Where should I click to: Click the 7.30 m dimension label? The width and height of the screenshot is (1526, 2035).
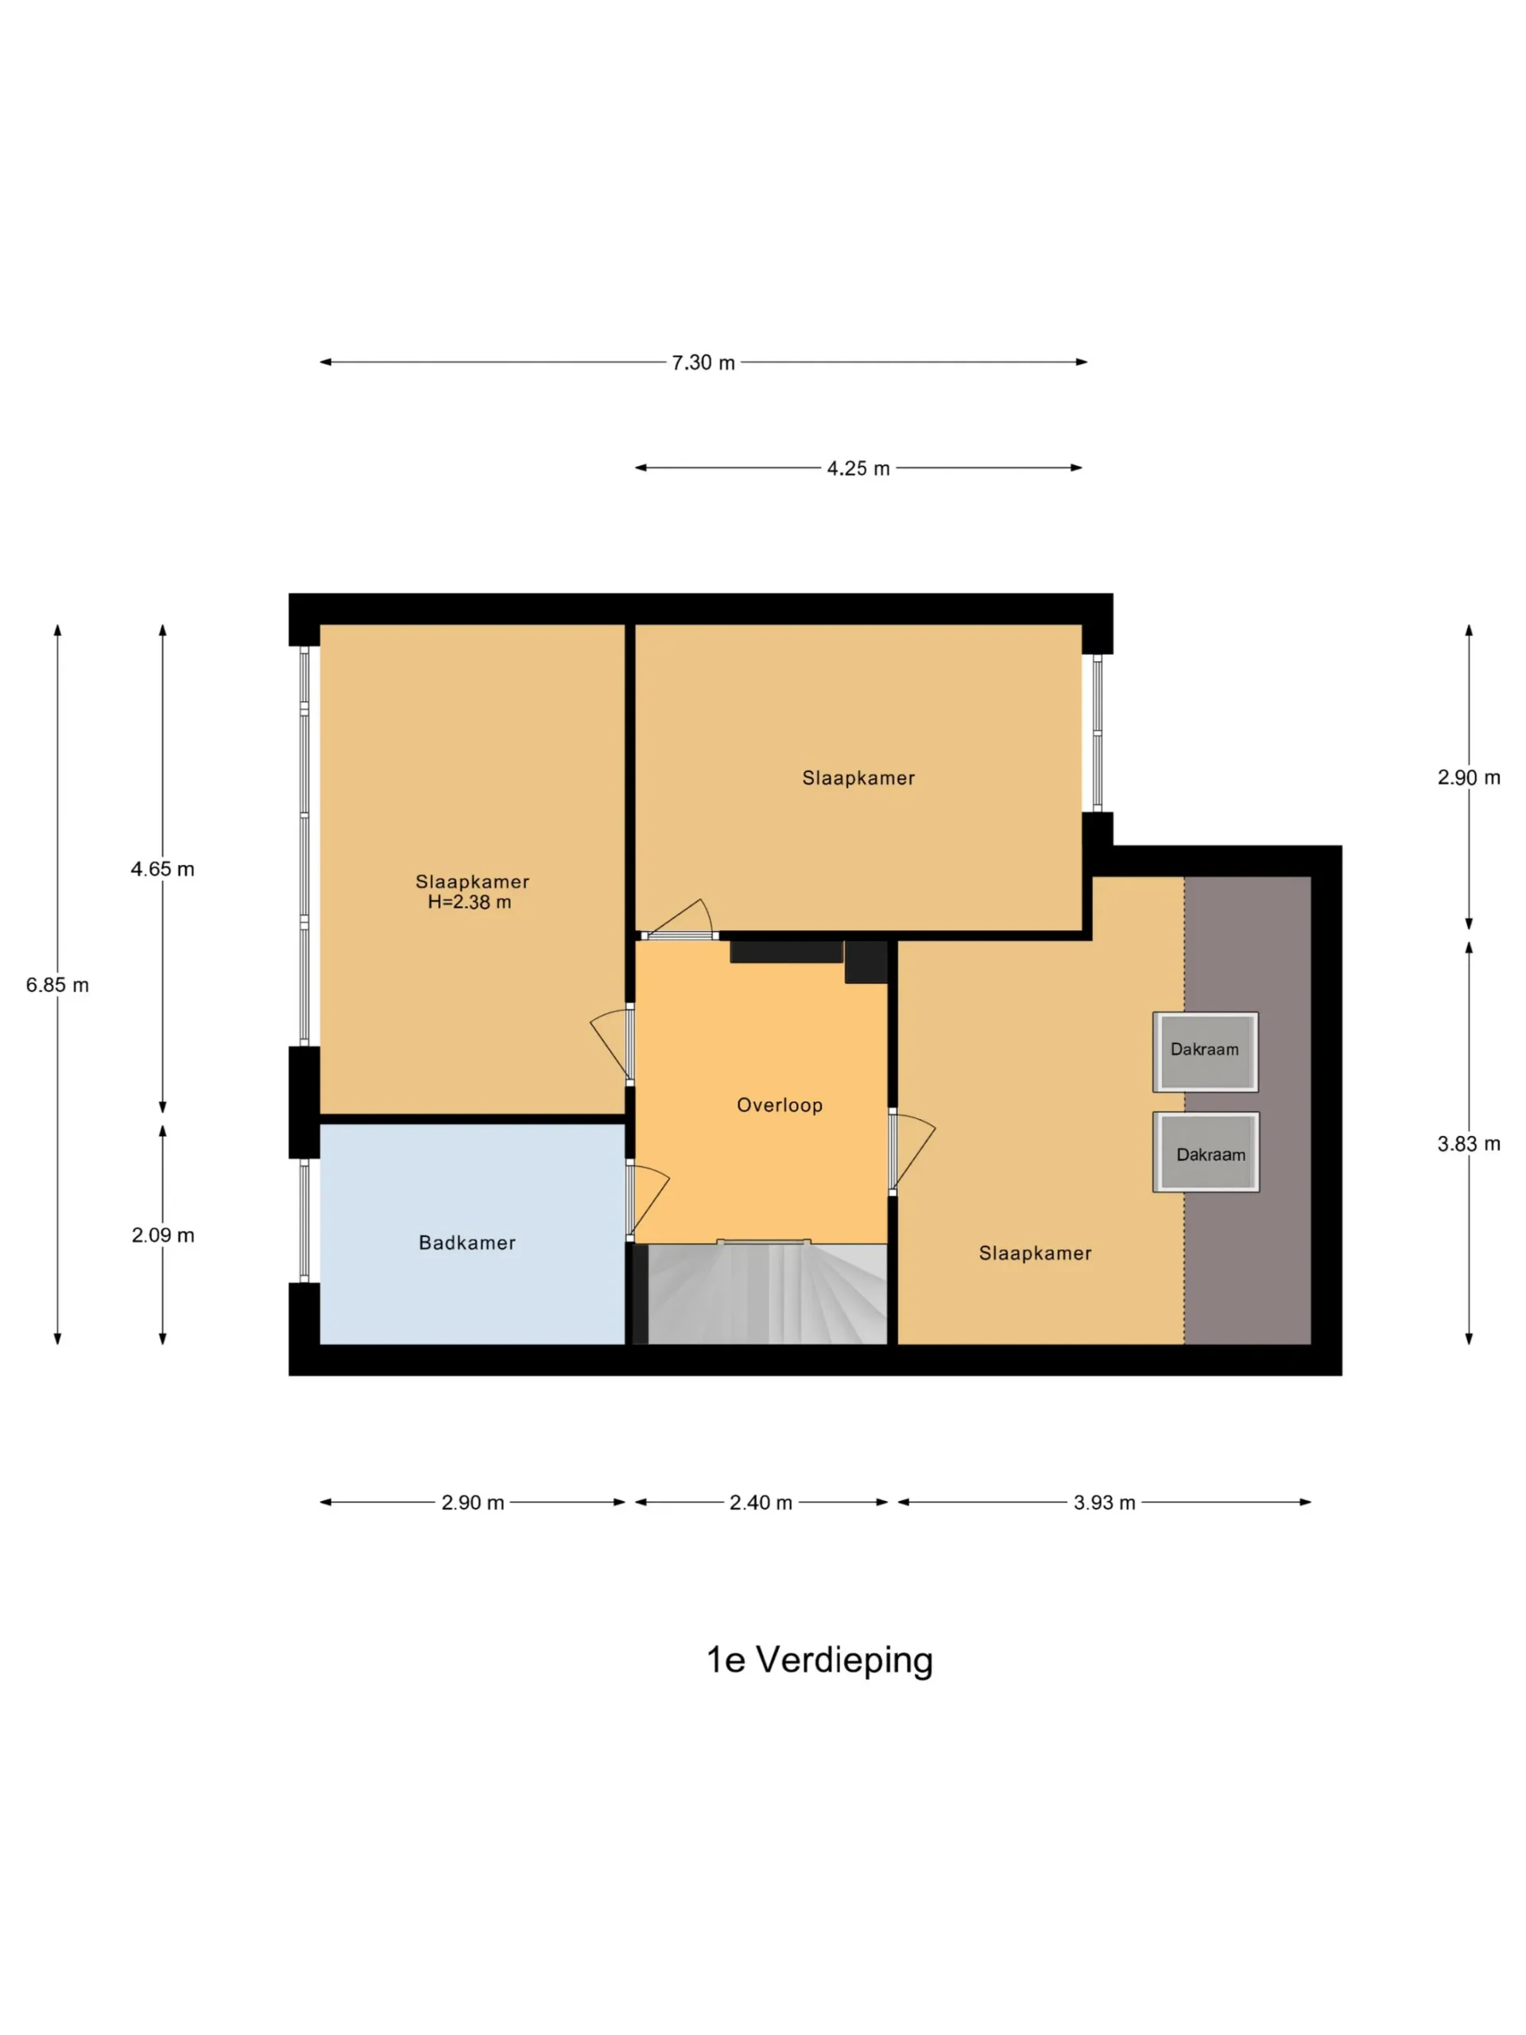[703, 362]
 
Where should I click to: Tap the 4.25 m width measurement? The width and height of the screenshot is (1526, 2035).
[858, 468]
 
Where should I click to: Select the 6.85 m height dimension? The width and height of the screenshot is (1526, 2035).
[57, 985]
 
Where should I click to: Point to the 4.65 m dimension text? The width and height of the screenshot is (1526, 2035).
[163, 870]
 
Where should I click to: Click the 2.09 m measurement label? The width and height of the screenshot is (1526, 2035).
[163, 1235]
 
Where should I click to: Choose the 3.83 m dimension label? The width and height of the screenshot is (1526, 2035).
[1469, 1144]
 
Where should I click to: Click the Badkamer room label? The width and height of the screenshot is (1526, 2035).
[467, 1243]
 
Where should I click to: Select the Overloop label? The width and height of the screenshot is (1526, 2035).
[780, 1105]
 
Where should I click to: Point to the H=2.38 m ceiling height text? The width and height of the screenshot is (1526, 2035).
[469, 902]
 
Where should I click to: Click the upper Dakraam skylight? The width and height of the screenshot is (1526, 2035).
[1205, 1052]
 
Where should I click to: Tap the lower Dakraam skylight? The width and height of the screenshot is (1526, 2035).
[1206, 1153]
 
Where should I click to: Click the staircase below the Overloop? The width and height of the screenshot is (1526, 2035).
[767, 1293]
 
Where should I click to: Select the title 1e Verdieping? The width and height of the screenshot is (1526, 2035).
[819, 1661]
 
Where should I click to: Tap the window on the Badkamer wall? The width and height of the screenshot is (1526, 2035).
[304, 1220]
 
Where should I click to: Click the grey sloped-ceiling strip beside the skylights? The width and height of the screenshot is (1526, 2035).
[1247, 1111]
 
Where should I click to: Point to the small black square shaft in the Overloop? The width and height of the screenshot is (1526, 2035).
[866, 961]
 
